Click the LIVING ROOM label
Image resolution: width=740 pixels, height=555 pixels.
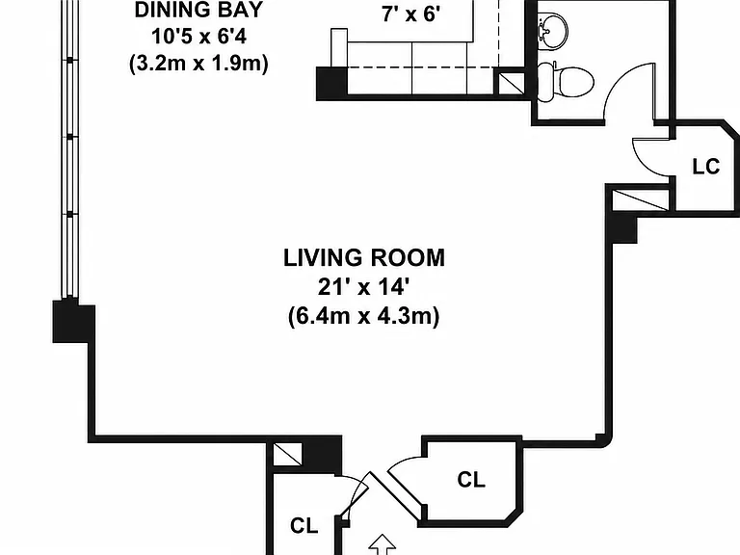364,258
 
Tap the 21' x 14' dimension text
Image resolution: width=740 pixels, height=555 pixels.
363,286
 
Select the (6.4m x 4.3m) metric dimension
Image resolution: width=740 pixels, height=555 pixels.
364,316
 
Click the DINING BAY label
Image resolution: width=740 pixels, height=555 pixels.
198,10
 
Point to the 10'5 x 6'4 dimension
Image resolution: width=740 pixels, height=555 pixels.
198,37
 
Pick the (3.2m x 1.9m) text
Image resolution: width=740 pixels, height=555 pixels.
198,64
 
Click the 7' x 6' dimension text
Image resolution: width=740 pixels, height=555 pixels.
411,14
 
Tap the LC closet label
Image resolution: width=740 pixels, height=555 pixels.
706,167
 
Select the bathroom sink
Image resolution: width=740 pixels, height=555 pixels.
553,30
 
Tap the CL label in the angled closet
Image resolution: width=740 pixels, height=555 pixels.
471,480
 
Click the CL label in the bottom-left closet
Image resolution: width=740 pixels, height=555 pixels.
304,525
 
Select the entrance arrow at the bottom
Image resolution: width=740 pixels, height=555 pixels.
382,544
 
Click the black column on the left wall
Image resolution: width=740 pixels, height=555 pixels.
73,322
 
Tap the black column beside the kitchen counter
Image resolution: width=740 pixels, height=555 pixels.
331,83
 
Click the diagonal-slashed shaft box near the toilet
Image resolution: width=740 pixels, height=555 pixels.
511,83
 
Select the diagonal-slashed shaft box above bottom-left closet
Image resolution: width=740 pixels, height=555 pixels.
287,454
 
